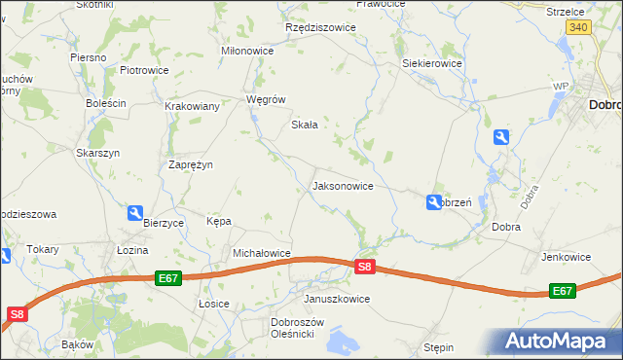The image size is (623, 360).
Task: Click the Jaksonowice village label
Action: (342, 185)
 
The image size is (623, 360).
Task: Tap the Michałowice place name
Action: (262, 253)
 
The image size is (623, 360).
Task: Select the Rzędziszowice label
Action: (320, 27)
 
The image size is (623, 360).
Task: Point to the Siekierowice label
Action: (432, 63)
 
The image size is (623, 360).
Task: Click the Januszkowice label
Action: (337, 299)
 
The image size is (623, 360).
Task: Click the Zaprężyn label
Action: (191, 164)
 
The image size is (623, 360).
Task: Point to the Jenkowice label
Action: (567, 257)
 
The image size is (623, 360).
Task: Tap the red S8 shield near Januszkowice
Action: (364, 266)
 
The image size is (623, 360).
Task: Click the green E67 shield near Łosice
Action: (167, 278)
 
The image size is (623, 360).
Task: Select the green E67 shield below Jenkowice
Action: (563, 291)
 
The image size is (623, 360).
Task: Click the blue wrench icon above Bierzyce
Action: (135, 213)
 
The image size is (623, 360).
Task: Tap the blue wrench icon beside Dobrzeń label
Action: (433, 201)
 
